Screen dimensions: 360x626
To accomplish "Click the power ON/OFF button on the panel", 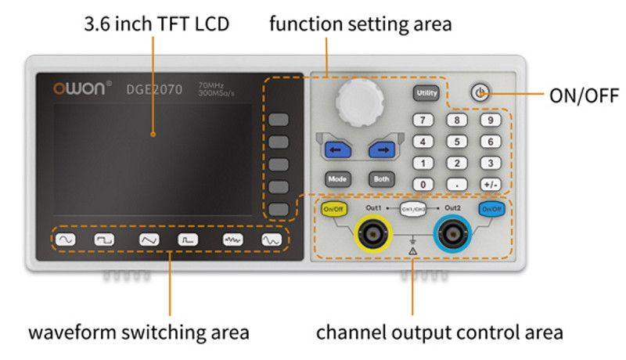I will [480, 94].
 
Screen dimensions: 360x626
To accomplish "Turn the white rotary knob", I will [360, 103].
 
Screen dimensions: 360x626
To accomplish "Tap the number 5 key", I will [456, 142].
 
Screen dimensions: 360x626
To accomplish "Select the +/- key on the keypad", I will [490, 185].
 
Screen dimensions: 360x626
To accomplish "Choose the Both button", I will [381, 178].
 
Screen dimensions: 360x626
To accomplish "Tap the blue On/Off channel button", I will [491, 209].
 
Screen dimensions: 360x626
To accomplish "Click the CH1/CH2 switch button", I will [412, 209].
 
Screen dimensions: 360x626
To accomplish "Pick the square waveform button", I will [105, 240].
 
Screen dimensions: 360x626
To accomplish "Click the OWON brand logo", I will [82, 88].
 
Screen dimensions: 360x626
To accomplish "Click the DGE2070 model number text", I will [154, 89].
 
